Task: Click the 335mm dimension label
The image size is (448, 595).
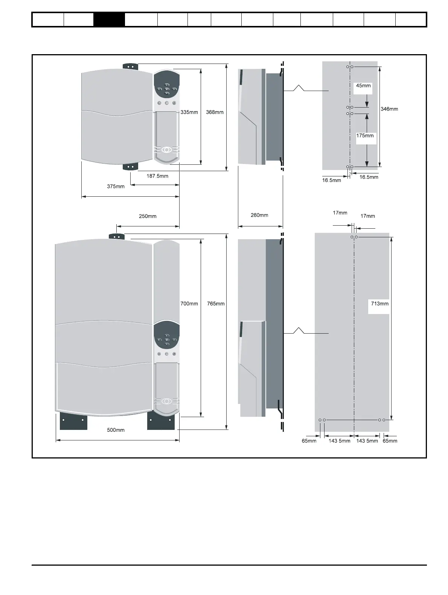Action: click(189, 112)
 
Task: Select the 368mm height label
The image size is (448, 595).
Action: click(215, 112)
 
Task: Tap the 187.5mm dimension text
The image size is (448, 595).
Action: click(157, 176)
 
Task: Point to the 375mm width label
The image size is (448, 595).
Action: click(116, 186)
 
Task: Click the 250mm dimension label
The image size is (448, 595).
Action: click(148, 216)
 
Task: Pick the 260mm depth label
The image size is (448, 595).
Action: click(259, 215)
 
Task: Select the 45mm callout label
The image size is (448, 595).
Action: click(363, 86)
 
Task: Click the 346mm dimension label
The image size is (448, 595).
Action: click(389, 109)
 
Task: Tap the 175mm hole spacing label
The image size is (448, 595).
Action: click(365, 135)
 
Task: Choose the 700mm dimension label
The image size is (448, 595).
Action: click(189, 304)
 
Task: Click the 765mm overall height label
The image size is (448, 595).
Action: click(216, 304)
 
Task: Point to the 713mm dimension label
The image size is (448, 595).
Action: click(379, 304)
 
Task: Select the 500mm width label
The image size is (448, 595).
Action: click(116, 430)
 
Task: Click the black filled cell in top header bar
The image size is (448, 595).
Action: click(109, 20)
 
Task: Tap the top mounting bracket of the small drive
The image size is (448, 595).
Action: click(131, 67)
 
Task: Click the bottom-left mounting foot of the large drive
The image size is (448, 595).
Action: click(73, 421)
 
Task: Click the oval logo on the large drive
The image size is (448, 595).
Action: click(166, 401)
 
